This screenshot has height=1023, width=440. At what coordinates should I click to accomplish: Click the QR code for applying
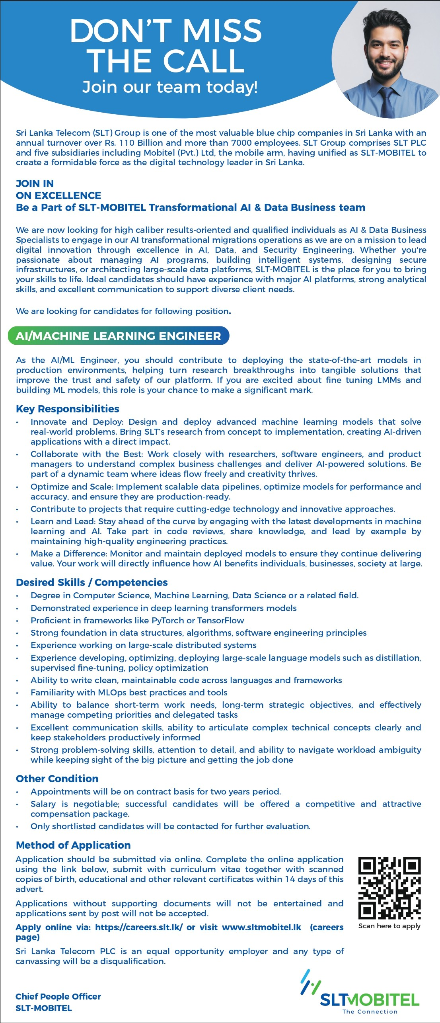(389, 887)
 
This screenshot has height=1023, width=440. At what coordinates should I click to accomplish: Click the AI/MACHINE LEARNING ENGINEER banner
(119, 336)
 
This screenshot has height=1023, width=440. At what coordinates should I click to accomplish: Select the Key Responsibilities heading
(68, 409)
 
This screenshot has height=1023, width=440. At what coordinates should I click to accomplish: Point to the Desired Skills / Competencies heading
(92, 582)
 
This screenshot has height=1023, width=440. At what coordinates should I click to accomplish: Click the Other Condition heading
(57, 779)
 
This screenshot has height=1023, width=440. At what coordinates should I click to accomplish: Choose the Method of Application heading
(73, 845)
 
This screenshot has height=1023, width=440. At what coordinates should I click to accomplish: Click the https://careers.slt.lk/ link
(139, 927)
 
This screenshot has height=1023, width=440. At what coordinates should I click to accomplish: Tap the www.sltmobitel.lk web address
(261, 927)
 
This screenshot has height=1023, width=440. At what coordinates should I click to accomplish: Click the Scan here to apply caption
(389, 926)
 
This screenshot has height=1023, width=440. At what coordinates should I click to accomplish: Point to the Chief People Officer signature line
(58, 996)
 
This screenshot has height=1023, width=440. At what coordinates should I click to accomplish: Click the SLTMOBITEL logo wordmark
(370, 999)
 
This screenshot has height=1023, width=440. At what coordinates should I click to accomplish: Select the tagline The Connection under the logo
(370, 1011)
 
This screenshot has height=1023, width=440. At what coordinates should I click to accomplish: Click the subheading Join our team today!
(170, 87)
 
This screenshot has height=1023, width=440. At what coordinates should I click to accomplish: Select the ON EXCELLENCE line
(58, 195)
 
